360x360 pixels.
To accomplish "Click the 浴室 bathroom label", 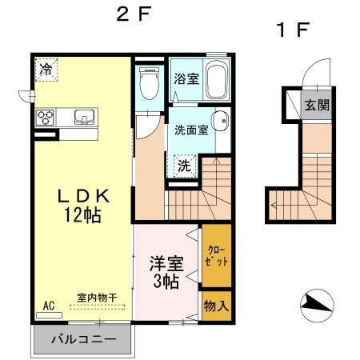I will (x=186, y=79).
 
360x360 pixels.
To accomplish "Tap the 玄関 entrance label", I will (x=317, y=104).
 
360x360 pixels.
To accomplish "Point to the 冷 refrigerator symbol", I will (x=47, y=70).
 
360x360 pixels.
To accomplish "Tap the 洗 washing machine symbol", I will (x=184, y=166).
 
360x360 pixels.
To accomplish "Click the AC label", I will (x=48, y=304).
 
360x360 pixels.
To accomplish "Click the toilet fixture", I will (x=148, y=83).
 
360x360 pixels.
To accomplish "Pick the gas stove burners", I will (x=46, y=118).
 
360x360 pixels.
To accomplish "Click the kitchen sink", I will (x=83, y=118).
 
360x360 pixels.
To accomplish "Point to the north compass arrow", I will (x=316, y=304).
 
